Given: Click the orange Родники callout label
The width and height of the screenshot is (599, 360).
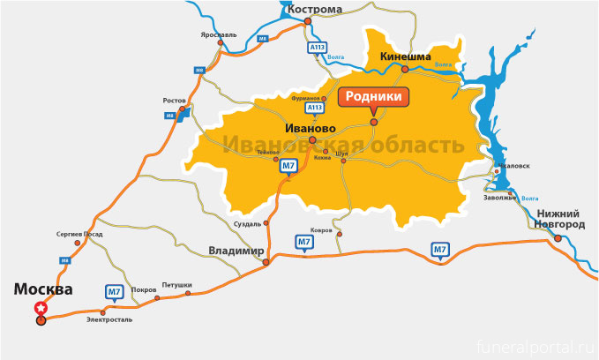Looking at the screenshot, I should click(373, 96).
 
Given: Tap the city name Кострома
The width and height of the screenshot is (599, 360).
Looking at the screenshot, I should click(314, 10).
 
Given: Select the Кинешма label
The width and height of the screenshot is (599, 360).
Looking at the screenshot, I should click(405, 56).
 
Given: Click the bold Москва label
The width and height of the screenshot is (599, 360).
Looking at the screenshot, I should click(42, 289).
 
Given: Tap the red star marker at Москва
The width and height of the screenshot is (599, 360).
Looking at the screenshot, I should click(41, 308).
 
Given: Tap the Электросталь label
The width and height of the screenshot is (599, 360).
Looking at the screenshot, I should click(109, 319).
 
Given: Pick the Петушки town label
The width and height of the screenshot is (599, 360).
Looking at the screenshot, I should click(176, 286).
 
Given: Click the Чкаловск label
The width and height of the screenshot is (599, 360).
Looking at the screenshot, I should click(513, 165).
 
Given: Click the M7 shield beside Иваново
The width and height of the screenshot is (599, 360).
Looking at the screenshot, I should click(288, 165).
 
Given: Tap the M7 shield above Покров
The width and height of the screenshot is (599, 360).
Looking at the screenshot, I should click(114, 291).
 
